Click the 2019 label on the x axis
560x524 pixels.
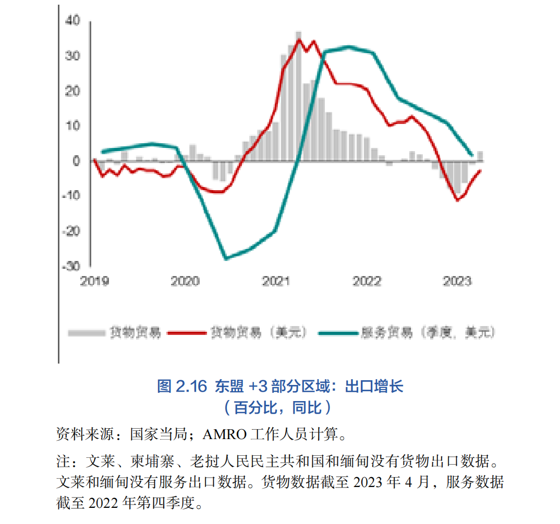(94, 281)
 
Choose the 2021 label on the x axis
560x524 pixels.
(276, 281)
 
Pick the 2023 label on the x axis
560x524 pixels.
(457, 281)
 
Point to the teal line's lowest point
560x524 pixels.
(226, 258)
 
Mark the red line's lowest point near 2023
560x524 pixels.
(457, 200)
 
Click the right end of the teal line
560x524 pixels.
(472, 155)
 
